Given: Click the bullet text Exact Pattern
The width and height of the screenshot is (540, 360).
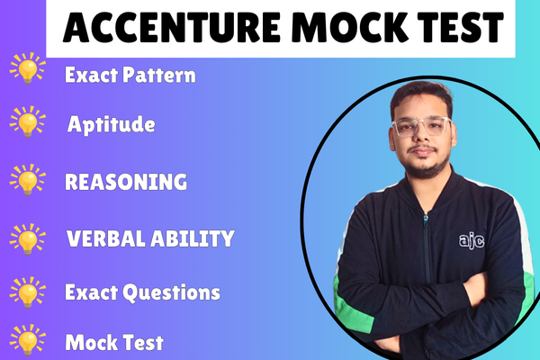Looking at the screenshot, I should [x=130, y=75].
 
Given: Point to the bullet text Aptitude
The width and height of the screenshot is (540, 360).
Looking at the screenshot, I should [x=112, y=125].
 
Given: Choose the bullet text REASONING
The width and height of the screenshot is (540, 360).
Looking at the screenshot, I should [x=126, y=181].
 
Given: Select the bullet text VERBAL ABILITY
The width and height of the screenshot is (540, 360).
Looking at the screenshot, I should [x=150, y=238].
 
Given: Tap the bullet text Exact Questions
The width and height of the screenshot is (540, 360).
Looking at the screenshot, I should [x=142, y=292].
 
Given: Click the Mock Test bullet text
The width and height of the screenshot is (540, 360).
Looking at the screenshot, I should [x=113, y=342].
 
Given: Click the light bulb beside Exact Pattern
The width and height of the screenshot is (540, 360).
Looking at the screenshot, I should [x=27, y=70].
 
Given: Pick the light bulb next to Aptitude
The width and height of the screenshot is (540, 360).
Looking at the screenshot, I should [x=27, y=121].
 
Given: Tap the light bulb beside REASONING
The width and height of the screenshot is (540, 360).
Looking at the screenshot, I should [x=27, y=179].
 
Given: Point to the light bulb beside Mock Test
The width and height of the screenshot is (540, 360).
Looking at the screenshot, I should [x=27, y=343].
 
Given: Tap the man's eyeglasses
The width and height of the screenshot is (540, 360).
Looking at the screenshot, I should [x=420, y=126].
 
